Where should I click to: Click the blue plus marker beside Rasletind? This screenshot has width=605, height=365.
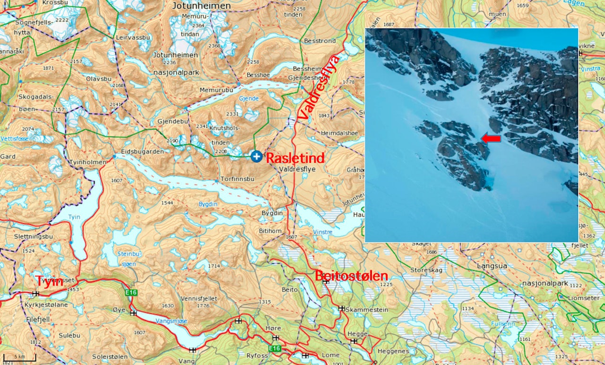256,156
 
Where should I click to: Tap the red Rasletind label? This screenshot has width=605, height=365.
295,158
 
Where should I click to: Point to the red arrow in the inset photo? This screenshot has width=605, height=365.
491,138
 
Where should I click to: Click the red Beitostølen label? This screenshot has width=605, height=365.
351,276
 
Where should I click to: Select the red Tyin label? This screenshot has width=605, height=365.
50,281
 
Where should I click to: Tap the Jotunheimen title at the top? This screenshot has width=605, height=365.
201,6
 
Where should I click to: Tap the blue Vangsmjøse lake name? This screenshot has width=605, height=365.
171,321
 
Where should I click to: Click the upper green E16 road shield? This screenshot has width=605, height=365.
131,293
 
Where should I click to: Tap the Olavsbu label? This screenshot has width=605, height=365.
99,79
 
